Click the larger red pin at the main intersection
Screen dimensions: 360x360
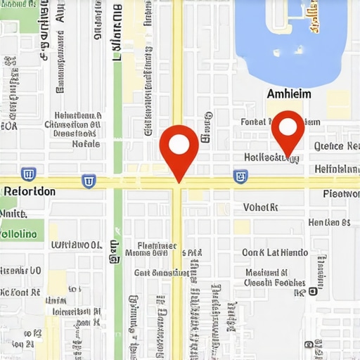tap(179, 146)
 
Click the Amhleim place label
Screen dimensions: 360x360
tap(289, 94)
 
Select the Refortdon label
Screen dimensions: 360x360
tap(30, 191)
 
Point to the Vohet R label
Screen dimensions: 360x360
tap(261, 207)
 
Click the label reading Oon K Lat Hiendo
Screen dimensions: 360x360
tap(274, 252)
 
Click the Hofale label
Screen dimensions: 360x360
tap(86, 143)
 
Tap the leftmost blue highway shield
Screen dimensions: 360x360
tap(29, 174)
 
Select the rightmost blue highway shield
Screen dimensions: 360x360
tap(240, 176)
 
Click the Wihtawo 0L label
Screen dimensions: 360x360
tap(77, 245)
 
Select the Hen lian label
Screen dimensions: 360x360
tap(329, 223)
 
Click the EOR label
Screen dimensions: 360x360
tap(9, 127)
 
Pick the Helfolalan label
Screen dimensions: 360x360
tap(337, 169)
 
